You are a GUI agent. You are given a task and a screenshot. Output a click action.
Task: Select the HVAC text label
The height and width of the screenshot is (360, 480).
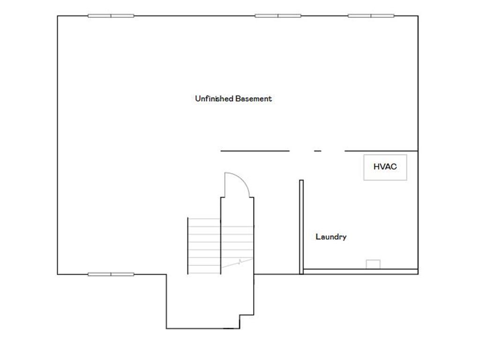[385, 166]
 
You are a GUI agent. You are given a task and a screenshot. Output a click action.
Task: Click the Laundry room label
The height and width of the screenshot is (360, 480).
[331, 237]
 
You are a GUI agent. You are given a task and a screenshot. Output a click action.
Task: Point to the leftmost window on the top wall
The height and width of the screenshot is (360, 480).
[111, 16]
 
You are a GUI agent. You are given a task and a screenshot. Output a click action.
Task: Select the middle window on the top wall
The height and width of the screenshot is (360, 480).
[278, 16]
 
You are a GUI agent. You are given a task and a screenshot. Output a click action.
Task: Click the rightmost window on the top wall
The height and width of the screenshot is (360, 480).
[371, 16]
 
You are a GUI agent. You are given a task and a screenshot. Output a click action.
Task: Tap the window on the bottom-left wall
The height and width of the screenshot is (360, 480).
[111, 274]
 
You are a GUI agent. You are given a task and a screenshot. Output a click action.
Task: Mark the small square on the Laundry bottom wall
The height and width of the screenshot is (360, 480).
[373, 264]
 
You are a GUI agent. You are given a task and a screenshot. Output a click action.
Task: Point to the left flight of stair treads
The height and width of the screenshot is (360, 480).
[204, 246]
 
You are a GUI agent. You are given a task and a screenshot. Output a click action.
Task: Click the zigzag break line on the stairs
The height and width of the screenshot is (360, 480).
[240, 262]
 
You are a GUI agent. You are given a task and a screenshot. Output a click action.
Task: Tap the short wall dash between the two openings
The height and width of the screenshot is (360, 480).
[317, 151]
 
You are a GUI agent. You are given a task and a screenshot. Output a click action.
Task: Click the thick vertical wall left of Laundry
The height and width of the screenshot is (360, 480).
[301, 227]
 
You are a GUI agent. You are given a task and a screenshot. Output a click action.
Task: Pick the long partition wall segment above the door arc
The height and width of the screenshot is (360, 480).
[255, 151]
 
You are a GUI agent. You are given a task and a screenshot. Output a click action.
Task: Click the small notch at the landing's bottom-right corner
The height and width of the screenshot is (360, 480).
[240, 322]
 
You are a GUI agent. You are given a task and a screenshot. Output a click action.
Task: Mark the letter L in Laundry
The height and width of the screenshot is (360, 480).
[318, 237]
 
